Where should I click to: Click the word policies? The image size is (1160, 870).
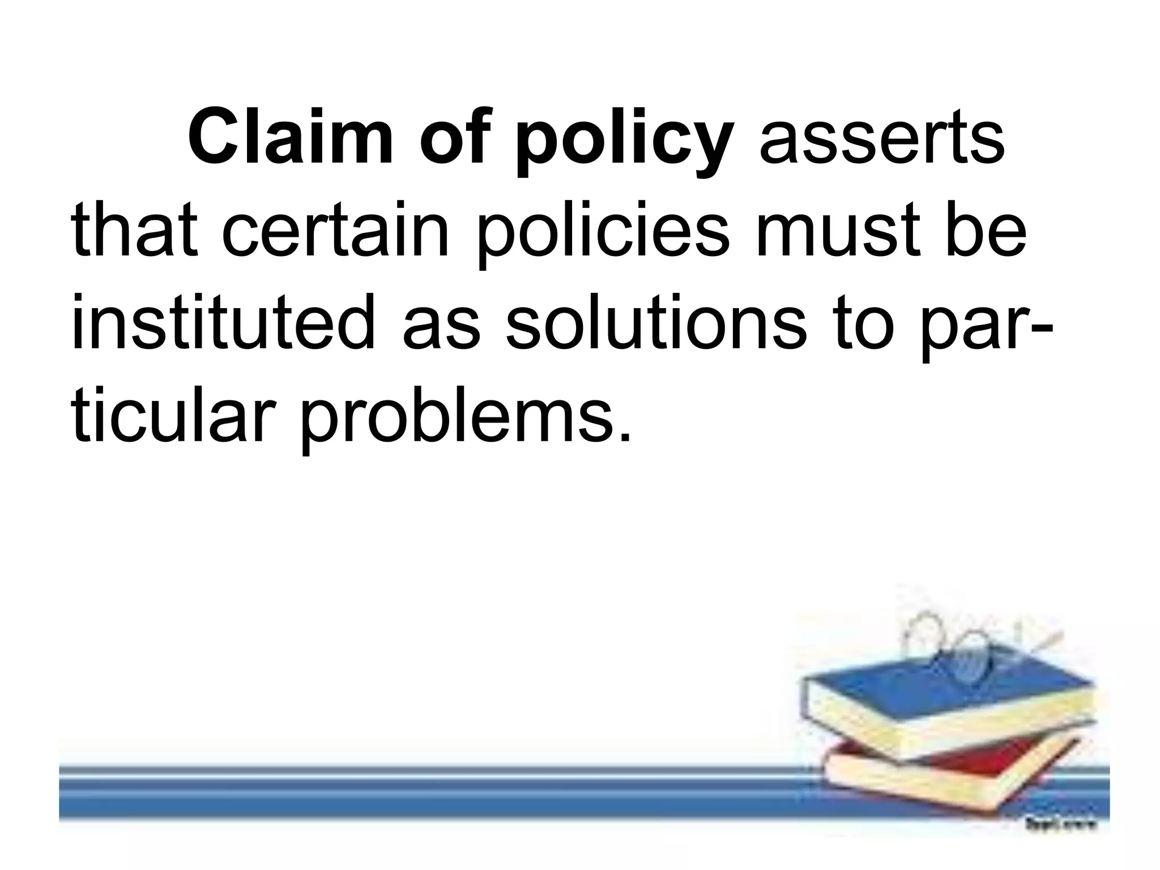tap(604, 234)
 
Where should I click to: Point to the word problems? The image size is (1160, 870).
tap(464, 422)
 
